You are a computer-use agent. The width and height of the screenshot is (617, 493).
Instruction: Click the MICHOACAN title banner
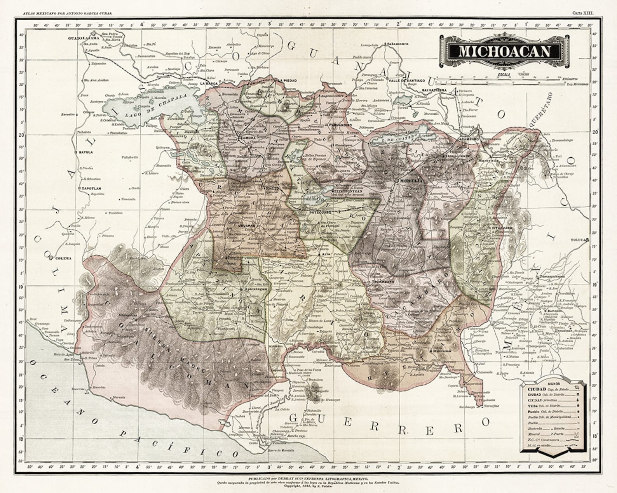coord(505,51)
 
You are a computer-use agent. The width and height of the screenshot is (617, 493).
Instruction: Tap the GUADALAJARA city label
coord(82,38)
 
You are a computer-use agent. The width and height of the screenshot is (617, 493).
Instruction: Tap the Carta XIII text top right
coord(582,13)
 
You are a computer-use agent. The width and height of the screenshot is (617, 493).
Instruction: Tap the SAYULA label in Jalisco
coord(85,152)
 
